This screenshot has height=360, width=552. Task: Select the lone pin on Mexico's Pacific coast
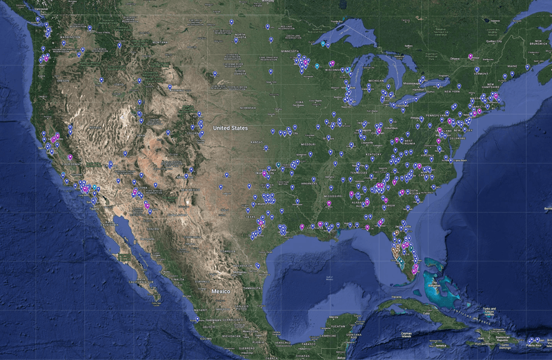click(x=197, y=320)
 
